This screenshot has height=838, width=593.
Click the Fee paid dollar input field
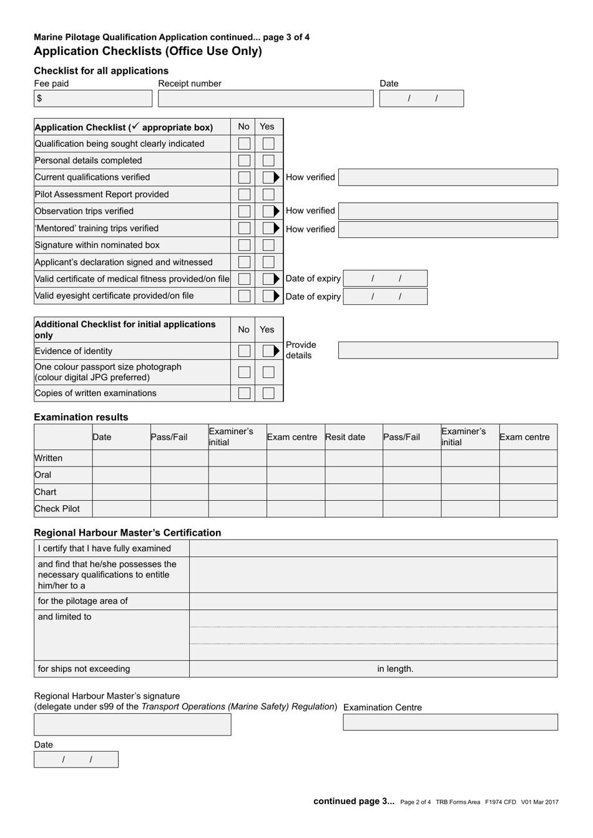(x=94, y=99)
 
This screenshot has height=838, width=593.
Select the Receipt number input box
(x=265, y=99)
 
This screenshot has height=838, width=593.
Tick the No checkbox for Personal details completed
(x=244, y=161)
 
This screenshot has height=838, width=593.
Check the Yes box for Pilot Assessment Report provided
(x=268, y=195)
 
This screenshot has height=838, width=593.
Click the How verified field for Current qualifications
(x=448, y=177)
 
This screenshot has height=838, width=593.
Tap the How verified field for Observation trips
(x=448, y=211)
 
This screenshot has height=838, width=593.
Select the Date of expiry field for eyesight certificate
(x=385, y=297)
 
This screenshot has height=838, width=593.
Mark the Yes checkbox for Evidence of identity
(x=268, y=351)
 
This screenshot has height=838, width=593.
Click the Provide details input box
(x=448, y=350)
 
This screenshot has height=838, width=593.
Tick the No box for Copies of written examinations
(x=244, y=393)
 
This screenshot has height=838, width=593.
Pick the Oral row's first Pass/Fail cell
(x=179, y=475)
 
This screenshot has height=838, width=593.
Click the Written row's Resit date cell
(x=353, y=458)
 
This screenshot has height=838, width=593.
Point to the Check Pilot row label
(x=57, y=509)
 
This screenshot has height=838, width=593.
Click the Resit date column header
(x=345, y=437)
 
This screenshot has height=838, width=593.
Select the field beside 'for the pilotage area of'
(x=373, y=601)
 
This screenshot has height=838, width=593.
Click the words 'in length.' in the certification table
(x=395, y=669)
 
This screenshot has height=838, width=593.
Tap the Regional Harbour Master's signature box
(x=132, y=724)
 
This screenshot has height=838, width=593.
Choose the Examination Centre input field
(x=450, y=722)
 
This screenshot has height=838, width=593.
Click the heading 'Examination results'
(x=81, y=417)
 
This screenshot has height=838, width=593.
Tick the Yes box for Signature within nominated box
(x=268, y=245)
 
